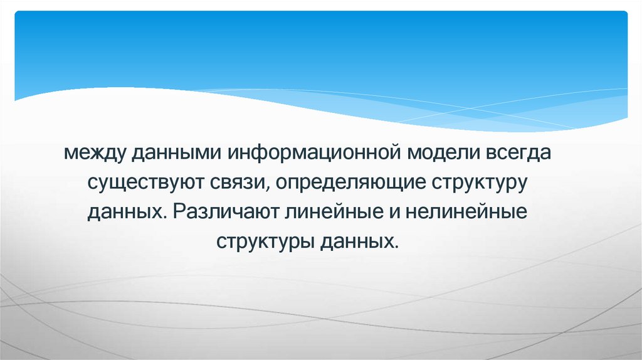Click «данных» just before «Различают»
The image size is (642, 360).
tap(127, 211)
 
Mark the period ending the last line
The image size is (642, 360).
tap(397, 246)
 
